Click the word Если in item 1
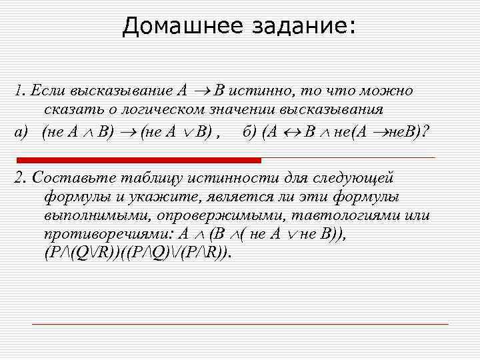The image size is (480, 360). click(49, 91)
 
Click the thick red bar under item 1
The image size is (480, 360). click(139, 161)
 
